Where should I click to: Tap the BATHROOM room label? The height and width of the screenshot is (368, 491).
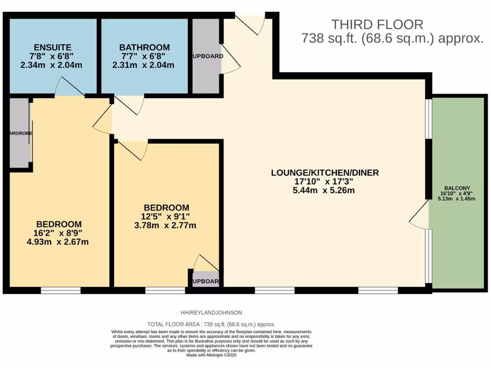pyautogui.click(x=144, y=47)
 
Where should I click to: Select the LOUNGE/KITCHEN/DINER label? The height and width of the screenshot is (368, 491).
pyautogui.click(x=325, y=172)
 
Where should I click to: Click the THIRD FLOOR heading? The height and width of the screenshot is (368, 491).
pyautogui.click(x=378, y=24)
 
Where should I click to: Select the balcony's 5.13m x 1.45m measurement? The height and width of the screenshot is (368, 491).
pyautogui.click(x=456, y=198)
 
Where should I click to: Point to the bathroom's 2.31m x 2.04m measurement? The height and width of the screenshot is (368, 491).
pyautogui.click(x=144, y=65)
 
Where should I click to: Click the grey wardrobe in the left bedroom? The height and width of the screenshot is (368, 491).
pyautogui.click(x=19, y=133)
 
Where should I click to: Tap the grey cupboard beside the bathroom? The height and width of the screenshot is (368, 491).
pyautogui.click(x=207, y=56)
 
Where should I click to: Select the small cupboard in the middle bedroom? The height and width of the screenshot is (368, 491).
pyautogui.click(x=205, y=281)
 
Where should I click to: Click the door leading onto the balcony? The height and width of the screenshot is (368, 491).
pyautogui.click(x=420, y=215)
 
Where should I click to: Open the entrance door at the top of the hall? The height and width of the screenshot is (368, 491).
pyautogui.click(x=250, y=24)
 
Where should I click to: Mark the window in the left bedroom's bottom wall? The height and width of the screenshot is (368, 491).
pyautogui.click(x=60, y=290)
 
